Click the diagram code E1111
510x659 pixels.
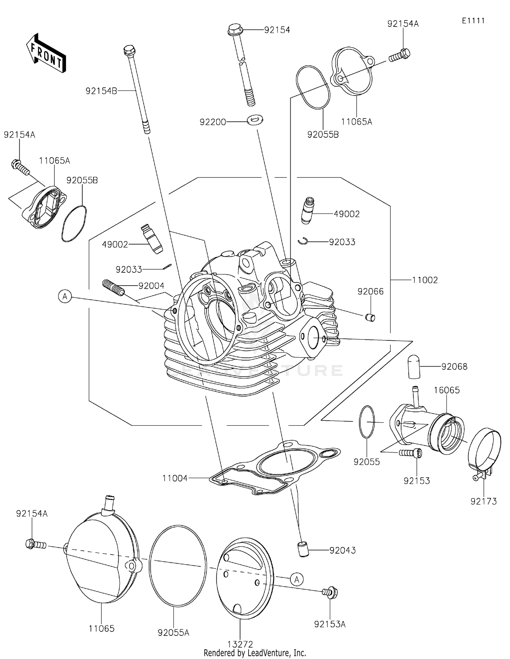tap(473, 21)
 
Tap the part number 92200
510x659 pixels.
tap(213, 122)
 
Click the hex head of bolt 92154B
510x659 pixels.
tap(129, 51)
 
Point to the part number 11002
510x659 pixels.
tap(425, 280)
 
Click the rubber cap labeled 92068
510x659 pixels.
tap(414, 367)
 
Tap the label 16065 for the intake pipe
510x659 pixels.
tap(446, 390)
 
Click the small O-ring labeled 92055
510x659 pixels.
tap(367, 422)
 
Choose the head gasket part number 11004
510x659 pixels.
tap(175, 478)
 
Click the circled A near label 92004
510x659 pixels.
tap(65, 297)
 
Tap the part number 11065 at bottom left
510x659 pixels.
tap(101, 628)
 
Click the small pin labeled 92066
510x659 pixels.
tap(370, 318)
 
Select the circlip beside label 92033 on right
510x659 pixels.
tap(302, 241)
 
